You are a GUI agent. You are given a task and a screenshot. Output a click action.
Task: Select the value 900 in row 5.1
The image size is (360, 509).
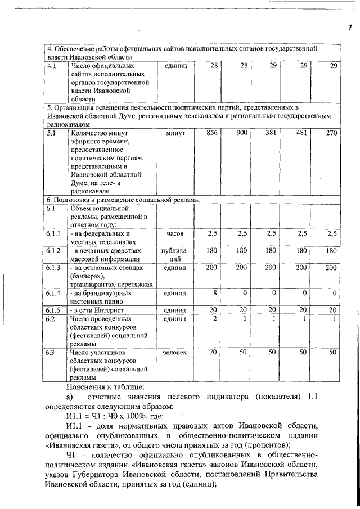[x=242, y=133]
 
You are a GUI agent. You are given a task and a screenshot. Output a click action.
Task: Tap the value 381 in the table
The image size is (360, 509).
[x=272, y=133]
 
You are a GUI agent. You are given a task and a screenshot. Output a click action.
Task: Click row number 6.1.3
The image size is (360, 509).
[x=55, y=268]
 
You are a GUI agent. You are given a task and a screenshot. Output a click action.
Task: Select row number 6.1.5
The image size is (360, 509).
[x=55, y=310]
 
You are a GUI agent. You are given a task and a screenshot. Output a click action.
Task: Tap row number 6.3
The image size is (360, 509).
[x=52, y=352]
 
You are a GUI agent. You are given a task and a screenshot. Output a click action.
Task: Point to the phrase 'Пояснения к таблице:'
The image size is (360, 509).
[x=97, y=386]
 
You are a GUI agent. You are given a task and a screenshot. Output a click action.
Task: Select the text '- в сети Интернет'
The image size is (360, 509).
[x=97, y=310]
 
